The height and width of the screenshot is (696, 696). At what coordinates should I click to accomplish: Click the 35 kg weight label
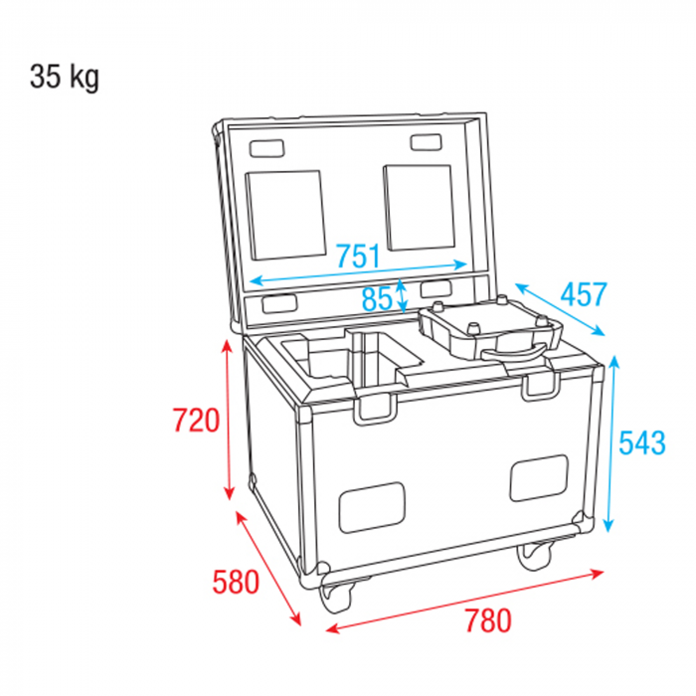65,78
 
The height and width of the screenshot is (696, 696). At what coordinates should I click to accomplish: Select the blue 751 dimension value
359,257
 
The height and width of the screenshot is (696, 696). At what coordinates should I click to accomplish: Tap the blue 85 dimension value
377,298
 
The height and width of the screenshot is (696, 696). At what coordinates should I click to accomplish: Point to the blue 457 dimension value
584,294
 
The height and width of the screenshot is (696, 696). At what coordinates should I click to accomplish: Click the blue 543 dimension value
642,442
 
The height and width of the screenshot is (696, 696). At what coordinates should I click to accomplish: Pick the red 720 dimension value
196,420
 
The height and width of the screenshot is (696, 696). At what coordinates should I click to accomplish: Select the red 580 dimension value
236,582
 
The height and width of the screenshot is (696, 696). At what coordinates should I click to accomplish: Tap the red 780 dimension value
488,620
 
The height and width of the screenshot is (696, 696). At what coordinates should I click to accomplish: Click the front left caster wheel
337,596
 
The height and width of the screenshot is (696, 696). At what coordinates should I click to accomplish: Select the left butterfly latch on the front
375,409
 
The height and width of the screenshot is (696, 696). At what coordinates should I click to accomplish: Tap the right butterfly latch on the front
540,385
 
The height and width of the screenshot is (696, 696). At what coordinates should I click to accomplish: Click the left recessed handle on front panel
372,508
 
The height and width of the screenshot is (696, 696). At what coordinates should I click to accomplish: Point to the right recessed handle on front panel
539,478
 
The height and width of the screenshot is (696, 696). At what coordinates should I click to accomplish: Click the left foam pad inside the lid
286,215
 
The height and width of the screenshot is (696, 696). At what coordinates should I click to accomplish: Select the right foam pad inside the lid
420,207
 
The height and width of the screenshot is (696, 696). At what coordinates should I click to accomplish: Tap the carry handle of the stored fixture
515,352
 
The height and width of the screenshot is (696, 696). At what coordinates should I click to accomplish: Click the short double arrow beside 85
402,296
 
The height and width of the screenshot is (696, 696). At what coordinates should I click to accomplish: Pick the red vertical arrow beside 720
228,420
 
